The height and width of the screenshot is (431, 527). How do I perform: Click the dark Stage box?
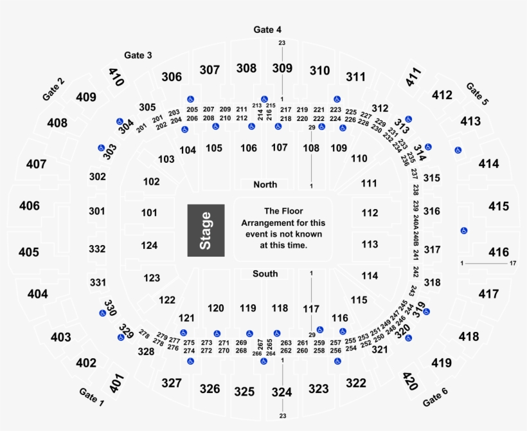pyautogui.click(x=206, y=230)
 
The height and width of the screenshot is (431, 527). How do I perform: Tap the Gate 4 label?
pyautogui.click(x=267, y=30)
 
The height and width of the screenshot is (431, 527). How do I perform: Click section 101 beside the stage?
pyautogui.click(x=149, y=212)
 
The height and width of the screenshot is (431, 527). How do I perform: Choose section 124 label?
pyautogui.click(x=149, y=245)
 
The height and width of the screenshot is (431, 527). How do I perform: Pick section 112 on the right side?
pyautogui.click(x=370, y=213)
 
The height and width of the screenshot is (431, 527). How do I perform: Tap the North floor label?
pyautogui.click(x=265, y=185)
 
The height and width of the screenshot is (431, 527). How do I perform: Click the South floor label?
pyautogui.click(x=265, y=274)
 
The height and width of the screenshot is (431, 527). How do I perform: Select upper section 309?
pyautogui.click(x=282, y=68)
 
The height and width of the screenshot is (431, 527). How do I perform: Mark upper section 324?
pyautogui.click(x=281, y=392)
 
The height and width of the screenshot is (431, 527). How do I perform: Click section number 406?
pyautogui.click(x=29, y=206)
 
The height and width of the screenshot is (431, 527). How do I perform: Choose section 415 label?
pyautogui.click(x=499, y=206)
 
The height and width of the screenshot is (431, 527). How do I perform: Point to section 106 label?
pyautogui.click(x=249, y=148)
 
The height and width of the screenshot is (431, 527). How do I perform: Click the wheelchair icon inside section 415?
pyautogui.click(x=463, y=231)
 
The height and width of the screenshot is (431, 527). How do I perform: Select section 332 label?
pyautogui.click(x=97, y=248)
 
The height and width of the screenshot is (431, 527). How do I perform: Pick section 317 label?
pyautogui.click(x=433, y=250)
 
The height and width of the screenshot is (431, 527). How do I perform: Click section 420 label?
pyautogui.click(x=410, y=381)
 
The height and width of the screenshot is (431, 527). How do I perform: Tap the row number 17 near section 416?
pyautogui.click(x=512, y=264)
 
